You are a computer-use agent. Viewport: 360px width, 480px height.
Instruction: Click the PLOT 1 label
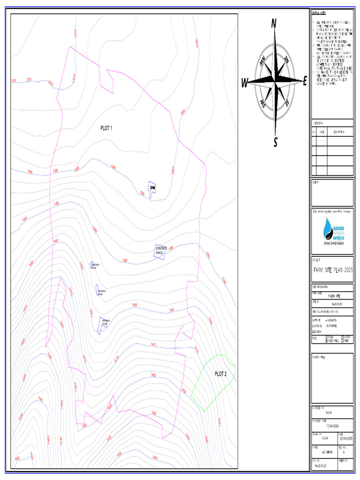(106, 127)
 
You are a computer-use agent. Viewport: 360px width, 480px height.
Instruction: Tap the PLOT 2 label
(221, 374)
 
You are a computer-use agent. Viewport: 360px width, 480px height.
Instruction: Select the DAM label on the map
(152, 187)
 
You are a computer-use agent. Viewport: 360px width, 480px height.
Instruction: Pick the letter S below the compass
(276, 142)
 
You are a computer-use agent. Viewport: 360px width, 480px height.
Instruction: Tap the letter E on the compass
(304, 82)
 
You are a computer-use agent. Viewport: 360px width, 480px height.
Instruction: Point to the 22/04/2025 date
(345, 438)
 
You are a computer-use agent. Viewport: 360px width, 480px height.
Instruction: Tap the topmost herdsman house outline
(92, 265)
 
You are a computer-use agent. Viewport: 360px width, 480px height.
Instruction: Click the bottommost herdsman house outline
(103, 324)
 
